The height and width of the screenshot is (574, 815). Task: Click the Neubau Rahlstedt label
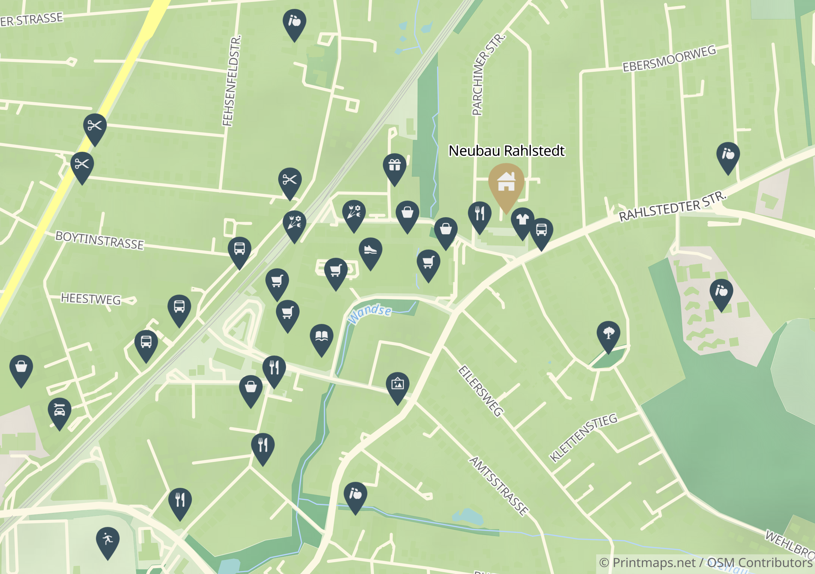(506, 151)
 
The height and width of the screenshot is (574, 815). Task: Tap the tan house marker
(506, 182)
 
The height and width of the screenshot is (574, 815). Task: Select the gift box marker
(394, 165)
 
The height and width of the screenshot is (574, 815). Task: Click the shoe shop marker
(370, 250)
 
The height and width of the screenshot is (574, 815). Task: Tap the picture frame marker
(397, 384)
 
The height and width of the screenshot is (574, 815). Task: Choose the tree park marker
(608, 333)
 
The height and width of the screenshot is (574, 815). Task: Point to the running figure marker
(108, 539)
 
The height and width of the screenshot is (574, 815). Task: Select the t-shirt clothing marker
(522, 220)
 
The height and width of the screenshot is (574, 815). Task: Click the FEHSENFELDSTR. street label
(232, 81)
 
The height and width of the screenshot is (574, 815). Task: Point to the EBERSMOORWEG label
(669, 59)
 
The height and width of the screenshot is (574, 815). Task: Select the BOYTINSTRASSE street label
(99, 241)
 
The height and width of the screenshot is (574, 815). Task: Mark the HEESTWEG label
(91, 299)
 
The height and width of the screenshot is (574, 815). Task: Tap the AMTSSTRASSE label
(499, 486)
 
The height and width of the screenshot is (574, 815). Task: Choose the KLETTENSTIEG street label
(583, 437)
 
